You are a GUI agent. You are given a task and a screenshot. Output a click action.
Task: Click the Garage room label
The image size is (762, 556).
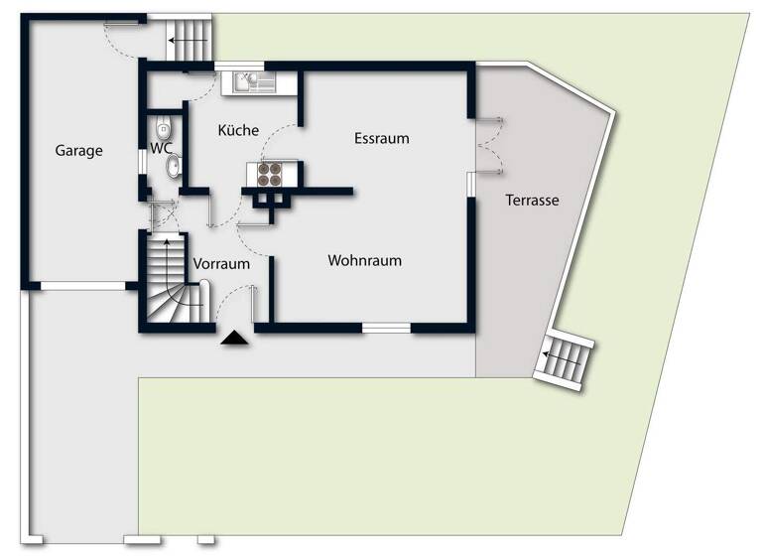(78, 151)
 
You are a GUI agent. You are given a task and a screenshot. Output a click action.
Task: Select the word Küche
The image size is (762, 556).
(238, 130)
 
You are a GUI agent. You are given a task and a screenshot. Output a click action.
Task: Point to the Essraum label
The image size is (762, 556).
(381, 138)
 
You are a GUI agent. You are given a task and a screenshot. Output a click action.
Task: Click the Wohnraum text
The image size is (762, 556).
(364, 261)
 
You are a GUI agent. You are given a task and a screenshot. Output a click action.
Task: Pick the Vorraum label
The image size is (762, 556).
(221, 264)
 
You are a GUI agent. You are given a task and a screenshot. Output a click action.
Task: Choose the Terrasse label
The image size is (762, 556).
(532, 200)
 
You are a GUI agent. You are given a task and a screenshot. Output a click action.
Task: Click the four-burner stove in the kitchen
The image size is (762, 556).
(269, 175)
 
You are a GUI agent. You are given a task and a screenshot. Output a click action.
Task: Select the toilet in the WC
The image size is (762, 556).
(163, 128)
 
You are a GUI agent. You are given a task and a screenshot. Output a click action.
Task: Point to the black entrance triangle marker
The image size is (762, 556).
(234, 339)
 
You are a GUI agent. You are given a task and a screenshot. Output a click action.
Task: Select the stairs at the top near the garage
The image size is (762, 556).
(189, 41)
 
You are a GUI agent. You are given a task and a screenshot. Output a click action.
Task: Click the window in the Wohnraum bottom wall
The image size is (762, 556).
(386, 327)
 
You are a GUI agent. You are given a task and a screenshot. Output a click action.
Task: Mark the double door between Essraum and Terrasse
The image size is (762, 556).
(489, 145)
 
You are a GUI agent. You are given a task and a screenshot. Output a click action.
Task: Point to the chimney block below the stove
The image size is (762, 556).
(270, 200)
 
